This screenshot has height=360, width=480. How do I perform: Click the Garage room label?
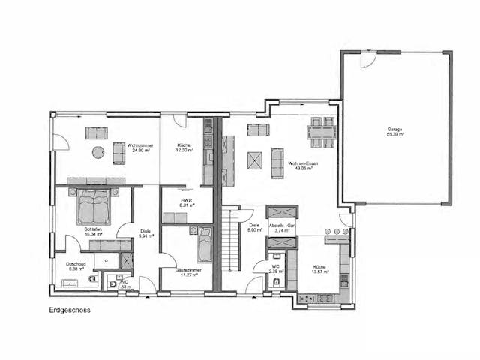click(394, 132)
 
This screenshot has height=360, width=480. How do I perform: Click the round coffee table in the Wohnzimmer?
click(97, 152)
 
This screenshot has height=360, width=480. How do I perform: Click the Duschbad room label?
click(77, 265)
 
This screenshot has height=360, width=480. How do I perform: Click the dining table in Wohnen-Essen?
click(322, 134)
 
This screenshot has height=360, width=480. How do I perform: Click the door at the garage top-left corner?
click(367, 59)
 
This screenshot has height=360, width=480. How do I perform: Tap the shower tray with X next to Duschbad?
click(126, 261)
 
